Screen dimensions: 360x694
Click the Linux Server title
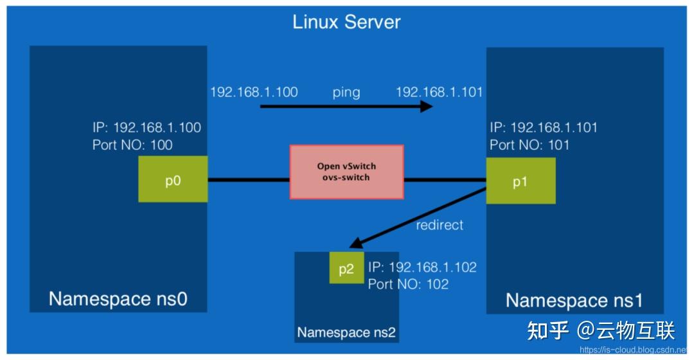click(346, 22)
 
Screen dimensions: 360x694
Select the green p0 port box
click(173, 179)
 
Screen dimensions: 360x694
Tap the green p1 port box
click(520, 181)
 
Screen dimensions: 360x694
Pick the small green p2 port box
click(346, 268)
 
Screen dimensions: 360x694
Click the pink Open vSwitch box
click(346, 172)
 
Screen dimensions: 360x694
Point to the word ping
click(346, 92)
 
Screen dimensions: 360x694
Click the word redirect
click(440, 225)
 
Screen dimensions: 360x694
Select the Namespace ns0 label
click(118, 299)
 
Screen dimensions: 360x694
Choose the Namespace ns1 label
click(574, 300)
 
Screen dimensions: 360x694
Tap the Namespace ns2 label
click(346, 333)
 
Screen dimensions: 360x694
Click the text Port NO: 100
click(132, 145)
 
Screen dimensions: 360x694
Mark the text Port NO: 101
click(529, 145)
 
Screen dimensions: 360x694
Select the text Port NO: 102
click(408, 283)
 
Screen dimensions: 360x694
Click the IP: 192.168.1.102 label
click(422, 267)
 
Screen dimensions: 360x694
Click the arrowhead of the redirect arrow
click(353, 244)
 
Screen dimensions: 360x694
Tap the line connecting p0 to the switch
click(248, 179)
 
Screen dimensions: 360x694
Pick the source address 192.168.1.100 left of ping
click(254, 92)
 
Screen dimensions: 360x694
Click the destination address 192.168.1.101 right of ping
click(439, 92)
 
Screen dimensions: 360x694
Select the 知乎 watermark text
click(547, 330)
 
